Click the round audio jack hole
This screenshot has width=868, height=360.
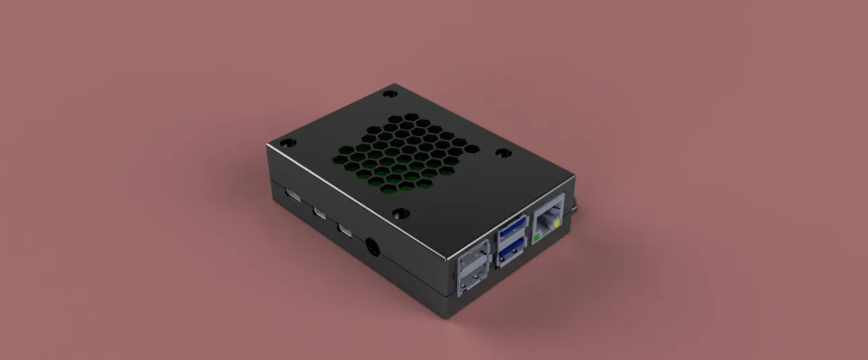[372, 247]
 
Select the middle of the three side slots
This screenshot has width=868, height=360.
[320, 214]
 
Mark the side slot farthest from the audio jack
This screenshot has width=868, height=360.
[294, 196]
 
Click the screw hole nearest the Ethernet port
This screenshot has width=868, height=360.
[503, 153]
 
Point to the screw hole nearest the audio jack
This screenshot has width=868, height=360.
[401, 214]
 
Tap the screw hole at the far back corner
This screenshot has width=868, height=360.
[390, 93]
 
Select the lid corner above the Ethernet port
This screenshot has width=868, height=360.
[574, 178]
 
